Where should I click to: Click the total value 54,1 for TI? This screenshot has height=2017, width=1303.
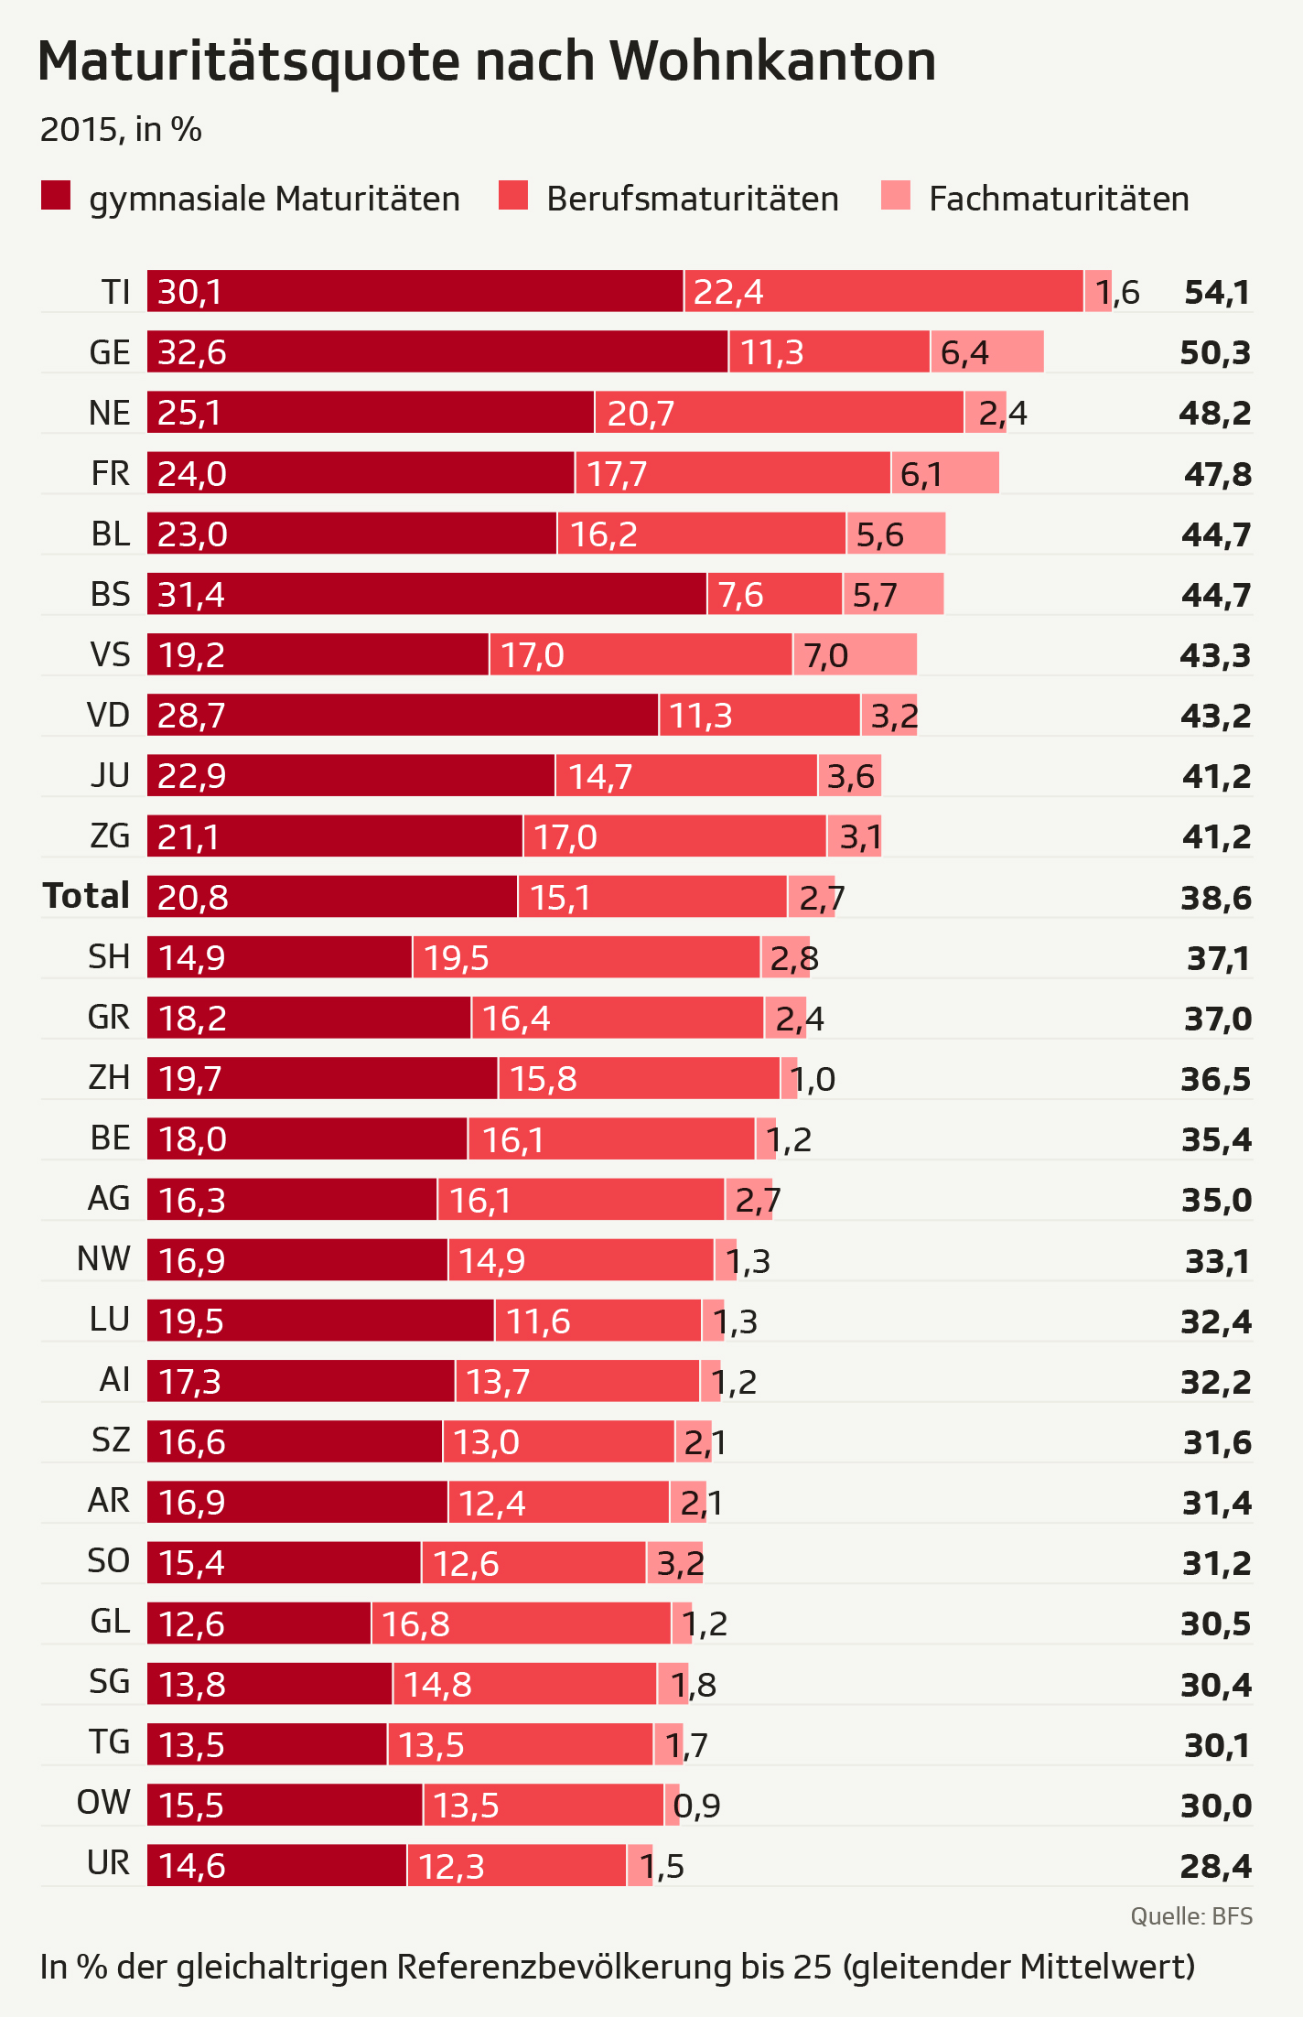tap(1217, 292)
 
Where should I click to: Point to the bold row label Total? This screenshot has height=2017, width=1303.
tap(86, 896)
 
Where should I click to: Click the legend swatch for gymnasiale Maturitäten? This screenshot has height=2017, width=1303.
tap(56, 196)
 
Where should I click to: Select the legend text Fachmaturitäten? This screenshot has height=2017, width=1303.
tap(1059, 199)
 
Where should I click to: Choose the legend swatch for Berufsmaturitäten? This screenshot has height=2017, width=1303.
tap(513, 196)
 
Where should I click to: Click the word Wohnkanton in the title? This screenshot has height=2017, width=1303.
tap(773, 61)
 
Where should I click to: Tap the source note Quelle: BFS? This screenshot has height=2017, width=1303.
tap(1191, 1916)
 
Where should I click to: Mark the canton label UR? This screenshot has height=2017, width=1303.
tap(109, 1863)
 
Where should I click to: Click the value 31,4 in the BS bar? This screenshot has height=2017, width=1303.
tap(191, 595)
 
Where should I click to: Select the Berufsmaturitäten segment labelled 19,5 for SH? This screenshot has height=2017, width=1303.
tap(586, 957)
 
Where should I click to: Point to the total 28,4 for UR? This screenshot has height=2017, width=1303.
tap(1216, 1865)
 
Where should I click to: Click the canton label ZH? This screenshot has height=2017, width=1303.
tap(109, 1078)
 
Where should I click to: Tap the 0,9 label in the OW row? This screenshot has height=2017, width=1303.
tap(697, 1806)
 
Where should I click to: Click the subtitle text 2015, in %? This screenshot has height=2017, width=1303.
tap(121, 130)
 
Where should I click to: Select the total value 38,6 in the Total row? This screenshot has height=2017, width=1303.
tap(1216, 898)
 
